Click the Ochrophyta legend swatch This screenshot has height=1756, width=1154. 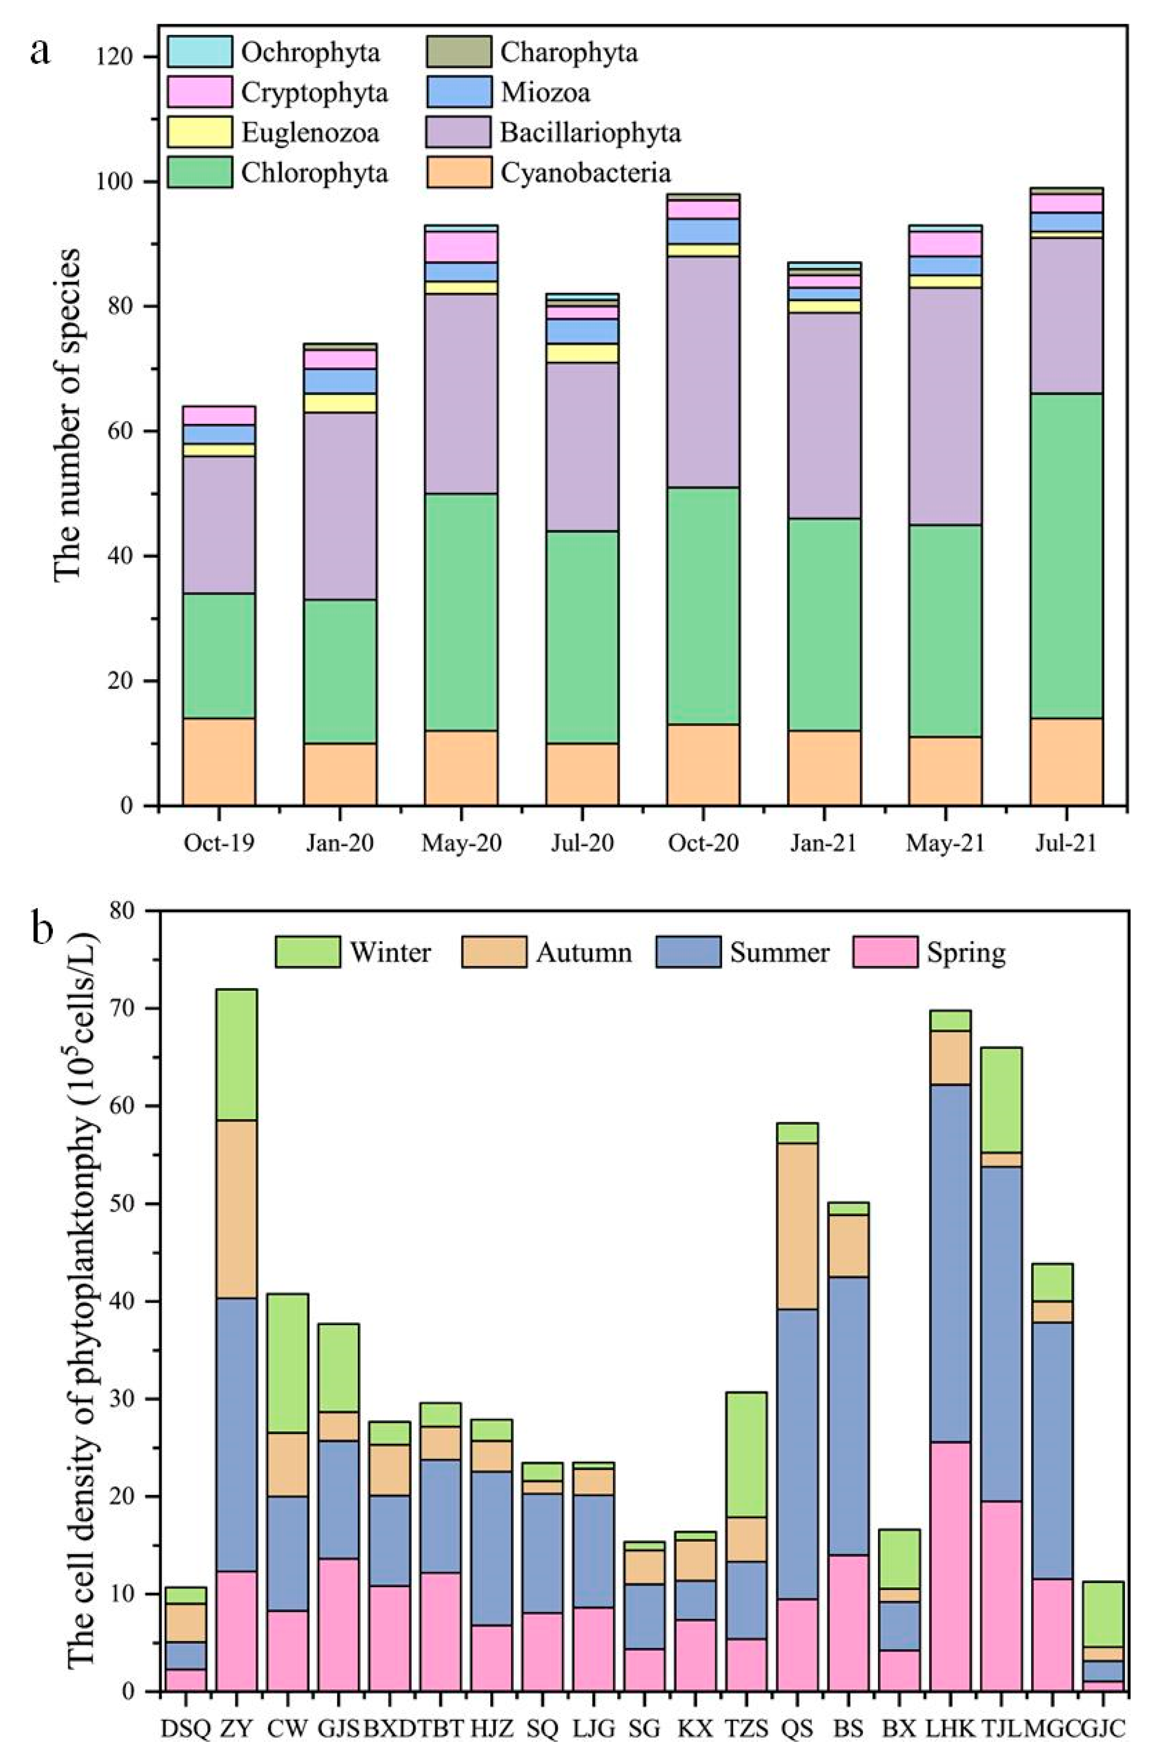199,52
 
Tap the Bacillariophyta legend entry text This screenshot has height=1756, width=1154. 590,133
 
